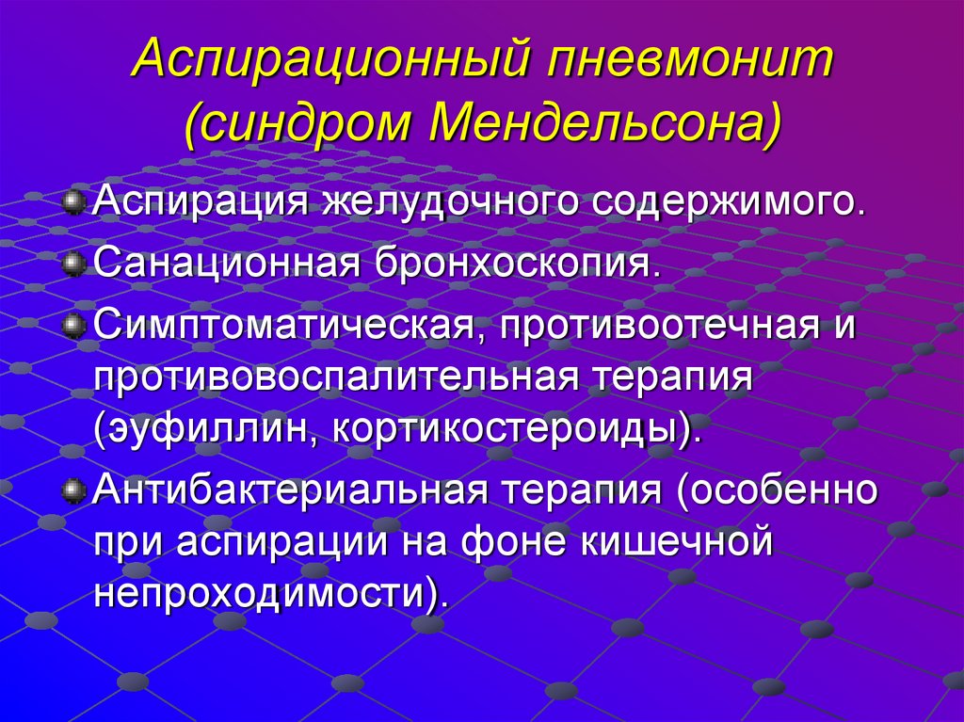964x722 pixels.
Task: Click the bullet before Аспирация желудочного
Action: pyautogui.click(x=73, y=202)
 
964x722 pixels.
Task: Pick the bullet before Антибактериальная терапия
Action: pyautogui.click(x=73, y=490)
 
